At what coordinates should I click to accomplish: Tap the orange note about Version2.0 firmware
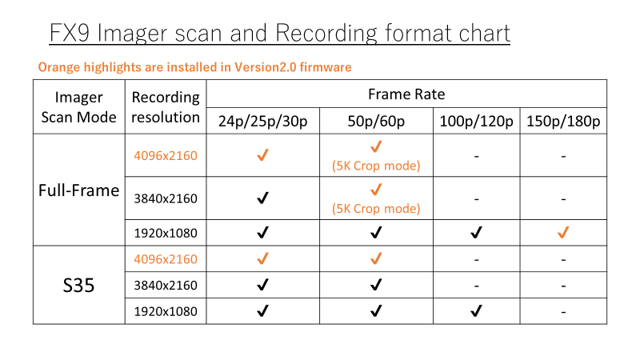click(195, 67)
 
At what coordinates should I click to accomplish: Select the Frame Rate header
click(406, 94)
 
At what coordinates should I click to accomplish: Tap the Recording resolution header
click(166, 107)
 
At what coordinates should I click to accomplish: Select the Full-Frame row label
click(78, 190)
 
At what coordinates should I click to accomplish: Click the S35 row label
click(78, 285)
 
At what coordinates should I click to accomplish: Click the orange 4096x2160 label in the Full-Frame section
click(166, 155)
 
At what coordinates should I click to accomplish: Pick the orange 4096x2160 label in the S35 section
click(166, 259)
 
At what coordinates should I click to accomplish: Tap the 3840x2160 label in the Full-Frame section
click(166, 198)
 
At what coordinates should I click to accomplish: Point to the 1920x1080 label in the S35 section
click(166, 311)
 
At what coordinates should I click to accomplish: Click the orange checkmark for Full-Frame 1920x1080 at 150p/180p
click(563, 233)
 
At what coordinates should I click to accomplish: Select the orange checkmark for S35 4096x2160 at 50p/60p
click(375, 259)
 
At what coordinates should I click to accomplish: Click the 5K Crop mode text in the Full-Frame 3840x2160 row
click(376, 209)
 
